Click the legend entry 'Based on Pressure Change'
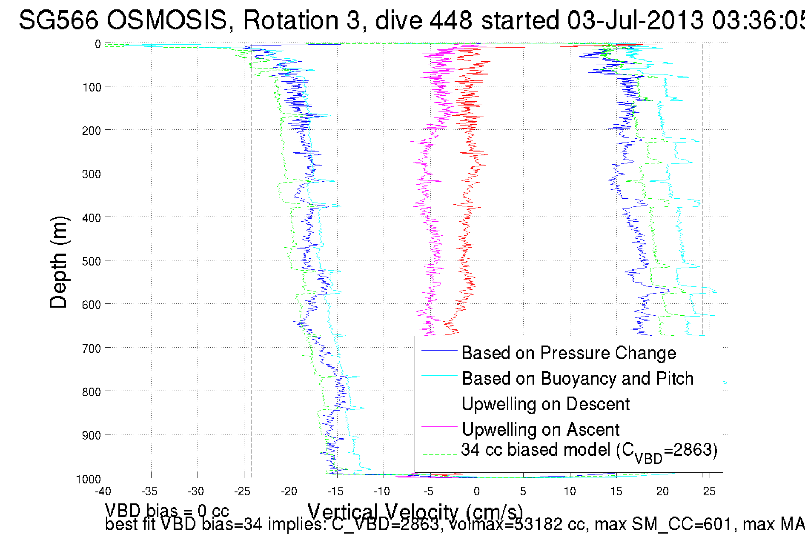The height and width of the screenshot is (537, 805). click(x=569, y=353)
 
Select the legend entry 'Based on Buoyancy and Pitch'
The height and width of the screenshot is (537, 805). click(x=578, y=379)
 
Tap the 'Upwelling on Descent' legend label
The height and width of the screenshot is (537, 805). click(x=545, y=404)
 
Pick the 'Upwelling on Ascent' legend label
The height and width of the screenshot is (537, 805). click(x=540, y=430)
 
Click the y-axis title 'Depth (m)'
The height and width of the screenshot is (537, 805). click(x=58, y=262)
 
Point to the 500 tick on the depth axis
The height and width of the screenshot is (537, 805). click(x=92, y=261)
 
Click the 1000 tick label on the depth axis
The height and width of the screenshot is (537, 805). click(x=89, y=479)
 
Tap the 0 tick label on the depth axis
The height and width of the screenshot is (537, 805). click(x=98, y=44)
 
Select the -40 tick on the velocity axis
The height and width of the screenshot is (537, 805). click(x=103, y=491)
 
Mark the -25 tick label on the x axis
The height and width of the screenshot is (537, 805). click(x=242, y=491)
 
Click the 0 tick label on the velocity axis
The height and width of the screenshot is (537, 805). click(x=477, y=491)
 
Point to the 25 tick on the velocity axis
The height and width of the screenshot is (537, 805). click(x=709, y=491)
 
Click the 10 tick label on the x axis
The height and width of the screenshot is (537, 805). click(x=570, y=491)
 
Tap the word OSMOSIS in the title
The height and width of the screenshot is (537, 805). click(x=167, y=20)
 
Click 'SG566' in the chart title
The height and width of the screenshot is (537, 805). click(x=58, y=20)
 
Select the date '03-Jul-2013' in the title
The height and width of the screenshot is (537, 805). click(x=635, y=20)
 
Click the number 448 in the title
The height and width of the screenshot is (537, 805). click(x=450, y=20)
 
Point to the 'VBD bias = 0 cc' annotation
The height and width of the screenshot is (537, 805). click(x=167, y=510)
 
